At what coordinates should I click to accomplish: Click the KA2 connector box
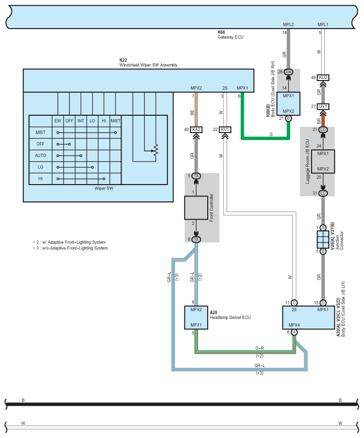196,130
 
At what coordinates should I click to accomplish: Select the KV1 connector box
225,130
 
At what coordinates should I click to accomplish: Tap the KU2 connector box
323,78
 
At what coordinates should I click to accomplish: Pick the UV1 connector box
323,107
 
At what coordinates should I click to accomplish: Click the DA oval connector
289,72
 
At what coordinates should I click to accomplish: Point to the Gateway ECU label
231,37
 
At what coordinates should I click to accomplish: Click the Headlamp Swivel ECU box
196,318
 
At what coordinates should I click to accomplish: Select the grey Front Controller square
196,208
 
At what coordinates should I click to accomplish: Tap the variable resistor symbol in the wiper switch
155,151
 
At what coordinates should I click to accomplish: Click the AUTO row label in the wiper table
40,156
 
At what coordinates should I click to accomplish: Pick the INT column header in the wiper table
80,121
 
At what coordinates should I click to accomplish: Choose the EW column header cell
58,121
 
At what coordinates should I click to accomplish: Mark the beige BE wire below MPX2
196,110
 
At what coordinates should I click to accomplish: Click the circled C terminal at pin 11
294,303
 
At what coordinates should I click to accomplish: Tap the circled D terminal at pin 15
323,303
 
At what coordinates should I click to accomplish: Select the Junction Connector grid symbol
323,240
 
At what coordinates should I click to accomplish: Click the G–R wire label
260,348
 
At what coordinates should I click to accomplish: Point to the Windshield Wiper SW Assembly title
148,65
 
